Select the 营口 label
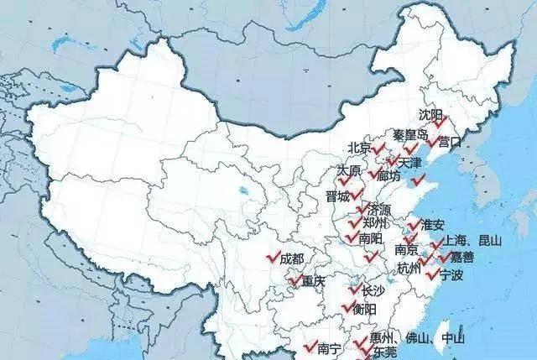pos(450,141)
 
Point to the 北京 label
pos(359,148)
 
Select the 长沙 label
pos(373,290)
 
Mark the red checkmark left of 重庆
pos(295,279)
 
